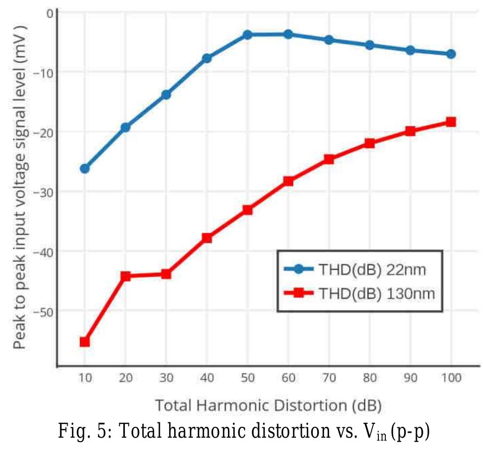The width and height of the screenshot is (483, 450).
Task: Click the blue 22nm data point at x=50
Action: [x=247, y=35]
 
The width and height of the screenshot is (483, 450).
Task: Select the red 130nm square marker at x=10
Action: [x=84, y=342]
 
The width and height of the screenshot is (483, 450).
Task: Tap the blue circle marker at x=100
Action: [x=450, y=54]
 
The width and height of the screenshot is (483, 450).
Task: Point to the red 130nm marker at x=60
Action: [x=288, y=181]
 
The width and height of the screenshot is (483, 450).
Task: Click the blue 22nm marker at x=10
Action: [x=84, y=169]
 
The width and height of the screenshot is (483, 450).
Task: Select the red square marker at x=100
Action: [x=450, y=122]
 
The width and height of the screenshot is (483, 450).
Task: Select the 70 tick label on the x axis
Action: [x=329, y=378]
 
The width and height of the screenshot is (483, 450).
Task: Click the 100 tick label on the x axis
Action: [x=450, y=378]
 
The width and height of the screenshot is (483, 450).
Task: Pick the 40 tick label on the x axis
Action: [x=207, y=378]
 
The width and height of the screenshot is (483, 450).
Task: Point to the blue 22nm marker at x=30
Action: [x=166, y=94]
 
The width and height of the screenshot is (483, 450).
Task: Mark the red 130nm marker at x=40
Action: [x=207, y=238]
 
